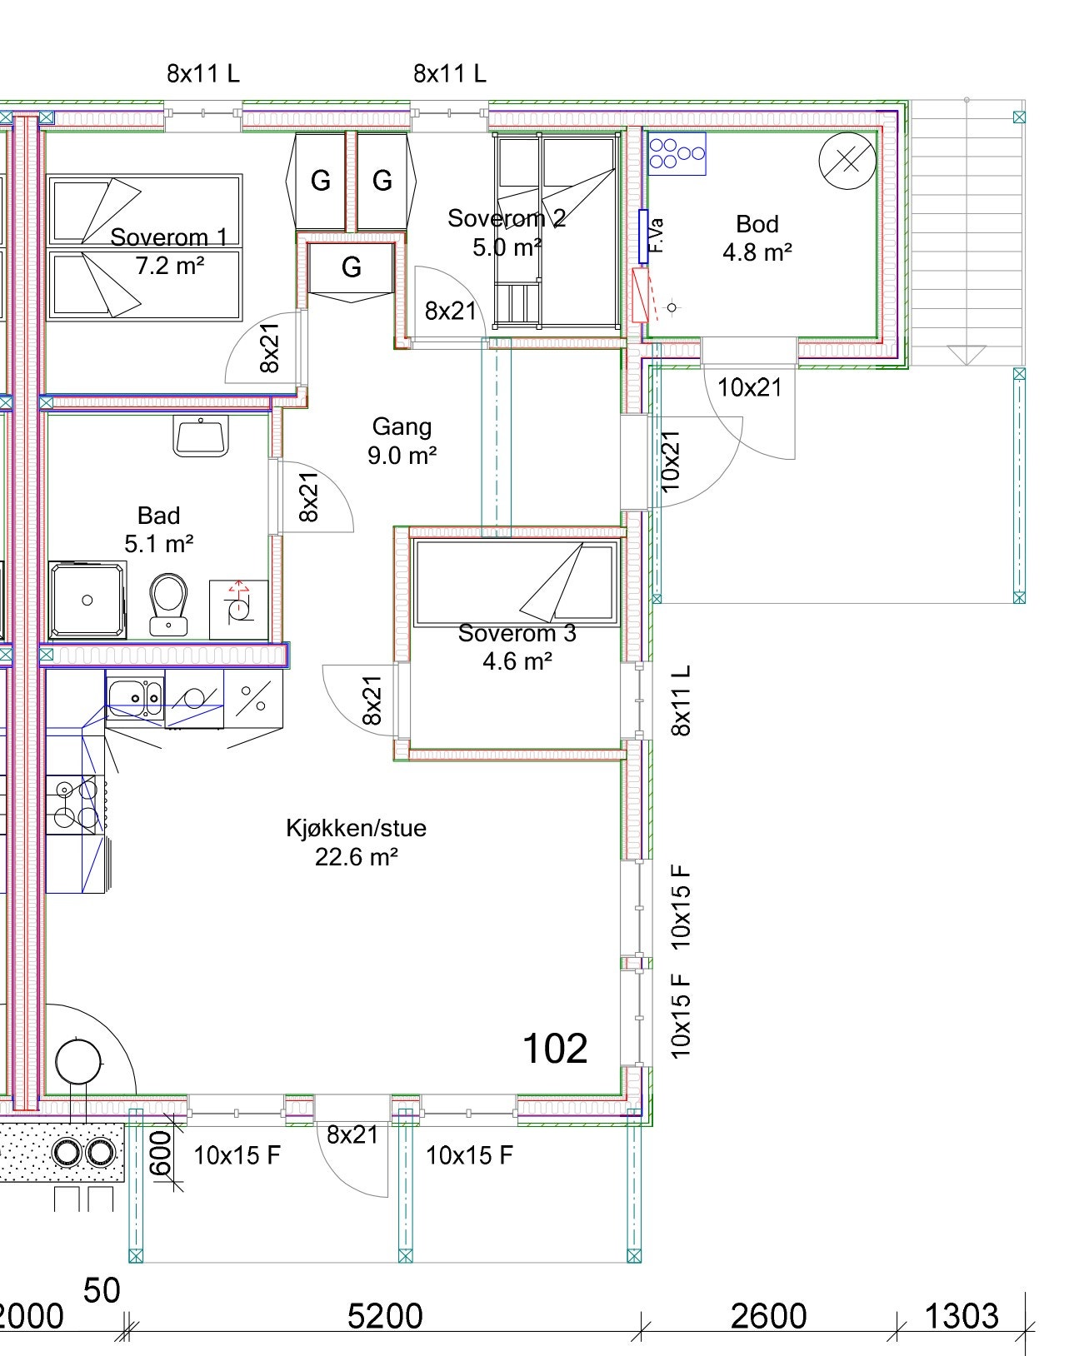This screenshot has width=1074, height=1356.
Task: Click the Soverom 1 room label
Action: [x=168, y=237]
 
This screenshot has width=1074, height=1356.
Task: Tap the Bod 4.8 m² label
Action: [x=757, y=238]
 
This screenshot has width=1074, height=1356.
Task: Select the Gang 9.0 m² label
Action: [x=402, y=441]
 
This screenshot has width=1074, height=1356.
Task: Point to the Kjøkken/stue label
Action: [x=356, y=828]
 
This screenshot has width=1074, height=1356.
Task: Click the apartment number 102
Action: [x=555, y=1049]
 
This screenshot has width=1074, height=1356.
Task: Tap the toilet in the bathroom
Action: [x=168, y=604]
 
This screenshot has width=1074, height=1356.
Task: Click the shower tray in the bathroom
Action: [x=87, y=601]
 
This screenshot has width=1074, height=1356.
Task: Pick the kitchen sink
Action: [x=135, y=697]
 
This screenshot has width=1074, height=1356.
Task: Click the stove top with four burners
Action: [x=76, y=805]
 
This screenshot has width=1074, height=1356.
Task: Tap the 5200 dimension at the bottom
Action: [x=384, y=1317]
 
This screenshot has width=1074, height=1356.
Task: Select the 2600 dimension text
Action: [x=768, y=1317]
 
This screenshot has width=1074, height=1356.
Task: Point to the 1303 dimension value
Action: [x=962, y=1317]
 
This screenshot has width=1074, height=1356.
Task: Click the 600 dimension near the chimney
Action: [x=162, y=1153]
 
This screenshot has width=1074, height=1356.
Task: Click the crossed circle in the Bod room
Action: [x=847, y=162]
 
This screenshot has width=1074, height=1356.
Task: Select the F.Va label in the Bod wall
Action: [x=656, y=236]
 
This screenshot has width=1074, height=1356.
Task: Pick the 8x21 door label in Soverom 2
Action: [x=450, y=312]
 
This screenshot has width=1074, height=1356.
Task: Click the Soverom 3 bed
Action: [x=517, y=583]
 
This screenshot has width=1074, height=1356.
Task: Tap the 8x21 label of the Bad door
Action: [x=309, y=497]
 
